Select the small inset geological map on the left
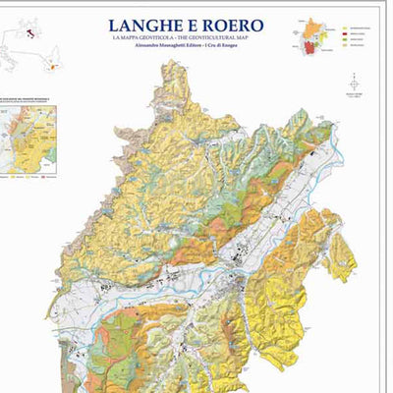tap(29, 142)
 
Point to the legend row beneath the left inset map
tap(29, 181)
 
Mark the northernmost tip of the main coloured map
tap(176, 63)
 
